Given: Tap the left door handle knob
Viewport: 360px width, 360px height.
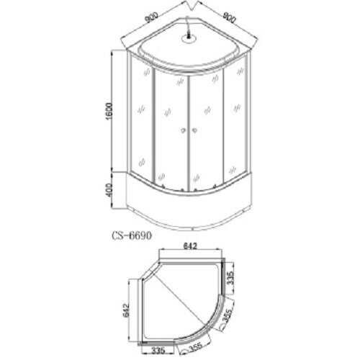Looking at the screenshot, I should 184,130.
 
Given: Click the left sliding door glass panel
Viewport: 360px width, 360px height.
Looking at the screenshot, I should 169,130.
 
